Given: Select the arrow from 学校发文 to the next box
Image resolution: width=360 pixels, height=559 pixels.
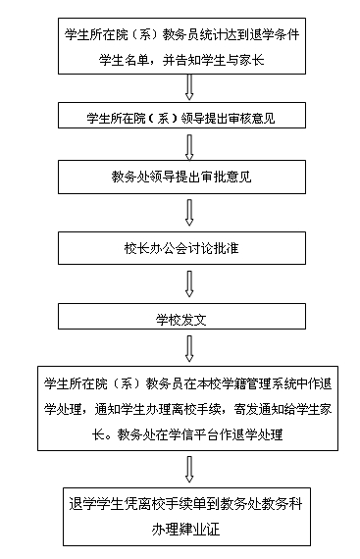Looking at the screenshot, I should click(x=188, y=347).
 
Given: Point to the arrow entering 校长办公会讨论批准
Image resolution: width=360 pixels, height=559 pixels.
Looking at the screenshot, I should click(x=188, y=212).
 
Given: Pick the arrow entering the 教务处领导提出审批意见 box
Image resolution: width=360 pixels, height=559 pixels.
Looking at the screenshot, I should click(x=188, y=143).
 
